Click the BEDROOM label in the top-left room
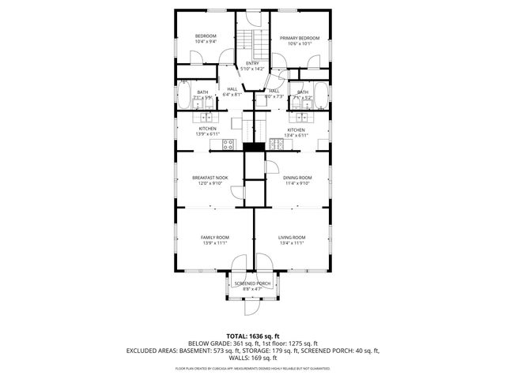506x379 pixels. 206,36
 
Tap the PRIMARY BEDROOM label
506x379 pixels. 299,38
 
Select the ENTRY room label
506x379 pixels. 252,63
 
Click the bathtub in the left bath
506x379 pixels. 182,99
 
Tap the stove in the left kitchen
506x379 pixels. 228,144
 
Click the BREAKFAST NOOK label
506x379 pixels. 210,178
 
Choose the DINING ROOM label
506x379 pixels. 297,178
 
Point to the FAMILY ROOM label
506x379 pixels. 214,237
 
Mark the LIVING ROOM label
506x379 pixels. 291,237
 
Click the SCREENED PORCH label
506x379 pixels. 252,283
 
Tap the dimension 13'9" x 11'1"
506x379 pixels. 214,243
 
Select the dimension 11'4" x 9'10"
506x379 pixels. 297,183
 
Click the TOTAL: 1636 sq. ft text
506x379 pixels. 252,336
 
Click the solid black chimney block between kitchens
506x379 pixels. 252,147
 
